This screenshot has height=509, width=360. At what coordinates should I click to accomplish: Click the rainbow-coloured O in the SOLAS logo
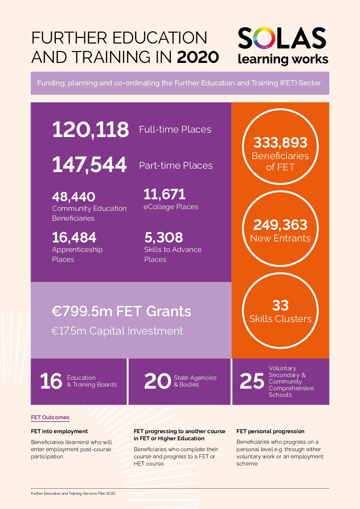pyautogui.click(x=264, y=38)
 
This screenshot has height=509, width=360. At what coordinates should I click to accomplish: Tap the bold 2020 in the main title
pyautogui.click(x=198, y=57)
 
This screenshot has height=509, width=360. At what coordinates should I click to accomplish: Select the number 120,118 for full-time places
pyautogui.click(x=91, y=130)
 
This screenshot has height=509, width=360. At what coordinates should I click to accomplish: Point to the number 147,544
pyautogui.click(x=89, y=165)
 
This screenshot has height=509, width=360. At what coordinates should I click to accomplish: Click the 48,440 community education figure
pyautogui.click(x=74, y=197)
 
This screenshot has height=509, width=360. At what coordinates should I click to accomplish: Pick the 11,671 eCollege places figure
pyautogui.click(x=164, y=194)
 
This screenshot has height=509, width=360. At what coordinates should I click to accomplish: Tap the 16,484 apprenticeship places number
pyautogui.click(x=74, y=237)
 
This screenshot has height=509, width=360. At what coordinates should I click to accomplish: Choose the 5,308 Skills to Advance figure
pyautogui.click(x=164, y=237)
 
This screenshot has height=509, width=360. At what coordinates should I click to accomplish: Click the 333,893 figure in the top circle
pyautogui.click(x=280, y=143)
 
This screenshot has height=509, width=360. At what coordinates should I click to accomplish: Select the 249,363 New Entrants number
pyautogui.click(x=280, y=225)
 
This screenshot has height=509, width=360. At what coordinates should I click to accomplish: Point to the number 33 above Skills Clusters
pyautogui.click(x=280, y=305)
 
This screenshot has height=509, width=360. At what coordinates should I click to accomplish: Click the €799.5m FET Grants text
pyautogui.click(x=121, y=311)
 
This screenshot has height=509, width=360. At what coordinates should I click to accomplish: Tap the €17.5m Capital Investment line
pyautogui.click(x=117, y=331)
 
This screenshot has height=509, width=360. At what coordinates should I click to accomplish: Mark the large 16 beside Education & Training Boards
pyautogui.click(x=51, y=381)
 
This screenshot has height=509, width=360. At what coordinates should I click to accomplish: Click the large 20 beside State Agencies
pyautogui.click(x=157, y=381)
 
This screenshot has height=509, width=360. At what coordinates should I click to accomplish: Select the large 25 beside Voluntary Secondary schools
pyautogui.click(x=252, y=381)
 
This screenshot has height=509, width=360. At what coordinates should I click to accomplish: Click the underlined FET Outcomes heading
pyautogui.click(x=50, y=418)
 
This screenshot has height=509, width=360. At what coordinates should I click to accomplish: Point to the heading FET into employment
pyautogui.click(x=59, y=431)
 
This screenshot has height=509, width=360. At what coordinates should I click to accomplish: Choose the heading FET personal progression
pyautogui.click(x=271, y=431)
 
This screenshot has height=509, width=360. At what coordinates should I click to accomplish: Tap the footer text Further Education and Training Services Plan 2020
pyautogui.click(x=73, y=494)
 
